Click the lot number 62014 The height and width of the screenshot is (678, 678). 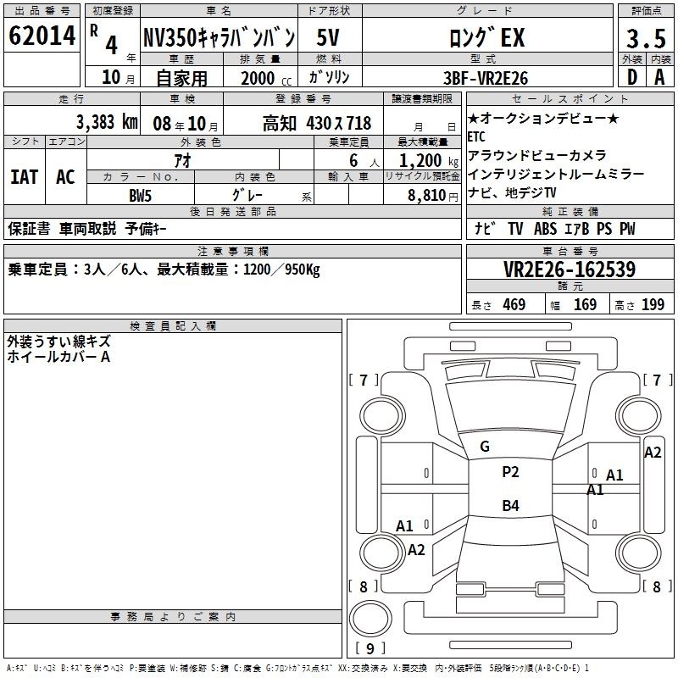(x=42, y=36)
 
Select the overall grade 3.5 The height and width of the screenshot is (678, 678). (x=646, y=38)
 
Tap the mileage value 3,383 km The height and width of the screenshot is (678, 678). (x=107, y=122)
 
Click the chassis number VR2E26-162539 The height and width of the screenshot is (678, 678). (x=570, y=270)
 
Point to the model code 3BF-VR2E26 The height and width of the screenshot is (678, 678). (x=486, y=78)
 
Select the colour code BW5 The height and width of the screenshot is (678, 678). (x=140, y=196)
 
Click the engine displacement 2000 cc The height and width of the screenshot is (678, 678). (x=266, y=79)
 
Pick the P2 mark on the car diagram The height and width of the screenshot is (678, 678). (x=510, y=472)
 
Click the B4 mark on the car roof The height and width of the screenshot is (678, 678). (x=510, y=505)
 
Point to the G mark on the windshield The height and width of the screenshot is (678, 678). (x=485, y=447)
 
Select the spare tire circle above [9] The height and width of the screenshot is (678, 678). (x=370, y=618)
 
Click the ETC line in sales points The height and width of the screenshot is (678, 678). (x=476, y=136)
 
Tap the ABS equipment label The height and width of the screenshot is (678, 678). (x=545, y=229)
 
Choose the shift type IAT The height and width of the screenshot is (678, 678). (x=25, y=177)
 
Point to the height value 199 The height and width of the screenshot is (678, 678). (x=653, y=304)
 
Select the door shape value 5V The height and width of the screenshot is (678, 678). (x=328, y=37)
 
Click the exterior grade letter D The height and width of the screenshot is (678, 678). (x=631, y=77)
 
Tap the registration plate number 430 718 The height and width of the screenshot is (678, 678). (x=338, y=123)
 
